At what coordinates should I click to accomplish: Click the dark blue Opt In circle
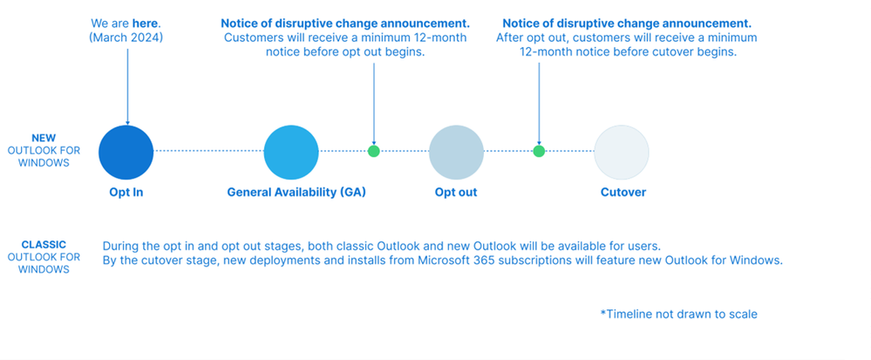click(x=126, y=152)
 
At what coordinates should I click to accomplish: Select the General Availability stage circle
click(x=291, y=152)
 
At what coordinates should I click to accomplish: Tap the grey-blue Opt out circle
click(x=456, y=152)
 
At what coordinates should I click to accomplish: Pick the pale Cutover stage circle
click(x=622, y=152)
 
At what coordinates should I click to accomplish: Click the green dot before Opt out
click(x=374, y=151)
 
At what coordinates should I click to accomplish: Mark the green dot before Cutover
click(x=539, y=151)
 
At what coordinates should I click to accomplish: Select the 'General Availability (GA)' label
click(x=296, y=192)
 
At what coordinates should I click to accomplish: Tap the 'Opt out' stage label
click(x=456, y=192)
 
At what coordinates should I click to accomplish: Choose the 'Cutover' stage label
click(x=623, y=192)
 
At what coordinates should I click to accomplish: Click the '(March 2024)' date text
click(x=127, y=37)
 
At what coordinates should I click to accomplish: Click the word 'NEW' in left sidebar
click(x=44, y=138)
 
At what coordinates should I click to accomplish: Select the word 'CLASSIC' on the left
click(x=44, y=245)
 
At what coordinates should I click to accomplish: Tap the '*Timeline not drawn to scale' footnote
click(x=678, y=314)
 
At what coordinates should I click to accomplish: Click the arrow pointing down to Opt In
click(x=127, y=87)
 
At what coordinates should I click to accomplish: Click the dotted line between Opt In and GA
click(x=208, y=151)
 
